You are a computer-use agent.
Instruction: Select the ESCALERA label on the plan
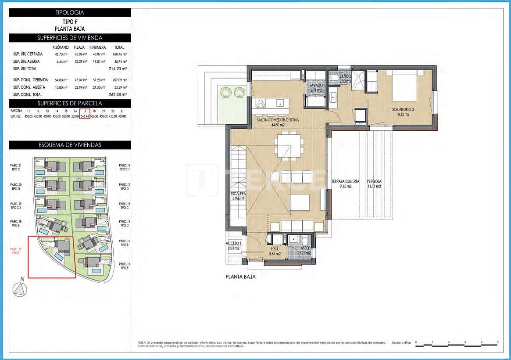[x=238, y=196]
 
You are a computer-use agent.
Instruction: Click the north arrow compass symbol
[x=19, y=290]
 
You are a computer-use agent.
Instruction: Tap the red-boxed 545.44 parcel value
[x=85, y=116]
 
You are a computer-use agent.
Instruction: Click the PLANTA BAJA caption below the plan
[x=240, y=277]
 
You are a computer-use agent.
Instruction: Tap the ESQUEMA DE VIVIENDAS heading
[x=70, y=145]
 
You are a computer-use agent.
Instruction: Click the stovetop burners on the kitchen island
[x=261, y=104]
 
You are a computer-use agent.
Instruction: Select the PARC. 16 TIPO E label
[x=125, y=266]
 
